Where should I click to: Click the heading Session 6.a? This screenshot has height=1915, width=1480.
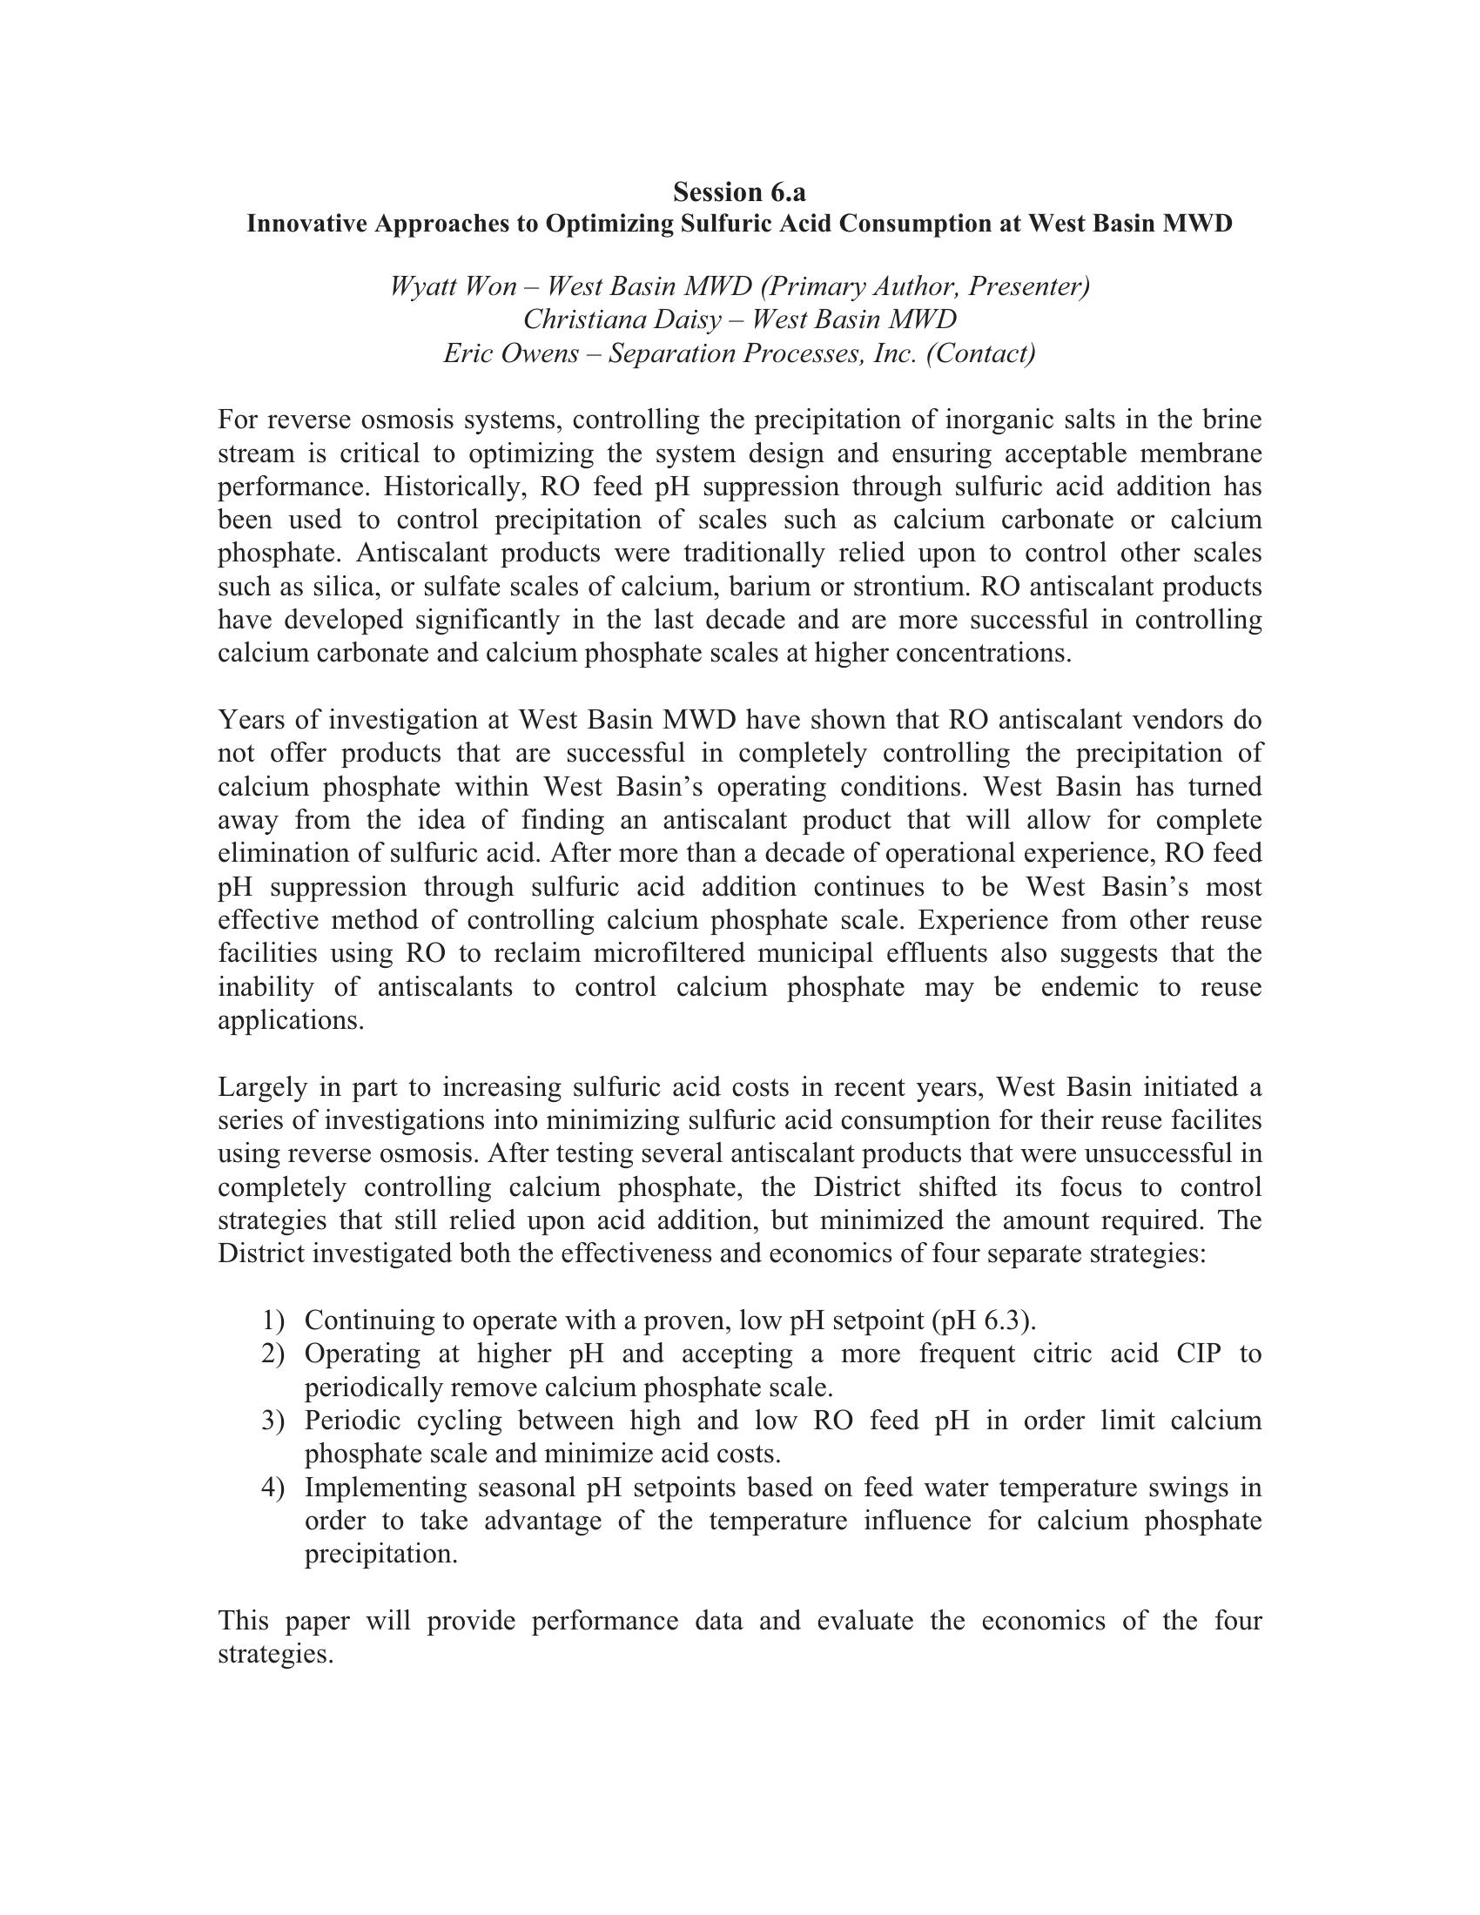click(739, 191)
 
